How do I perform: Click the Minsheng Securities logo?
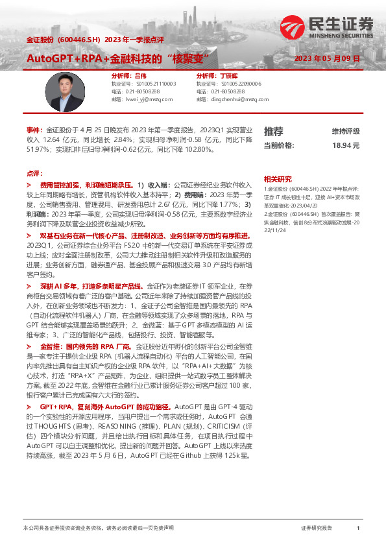click(x=327, y=28)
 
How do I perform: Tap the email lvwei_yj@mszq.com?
click(x=149, y=100)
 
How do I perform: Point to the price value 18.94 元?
click(x=345, y=146)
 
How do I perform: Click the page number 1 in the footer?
click(x=357, y=528)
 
